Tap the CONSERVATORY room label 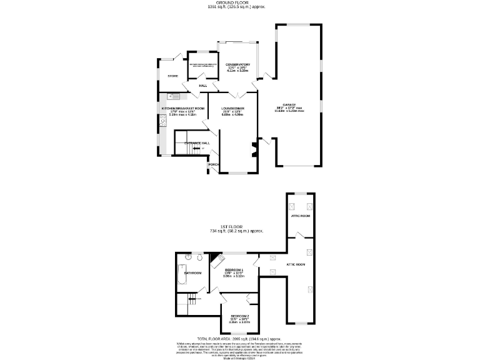pyautogui.click(x=237, y=65)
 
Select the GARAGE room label pyautogui.click(x=289, y=105)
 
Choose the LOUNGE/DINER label pyautogui.click(x=232, y=109)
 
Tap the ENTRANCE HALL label pyautogui.click(x=196, y=143)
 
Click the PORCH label pyautogui.click(x=213, y=165)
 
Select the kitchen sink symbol pyautogui.click(x=173, y=96)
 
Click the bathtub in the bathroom pyautogui.click(x=179, y=274)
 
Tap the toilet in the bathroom pyautogui.click(x=199, y=257)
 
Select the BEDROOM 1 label pyautogui.click(x=234, y=269)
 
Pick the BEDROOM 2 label pyautogui.click(x=239, y=316)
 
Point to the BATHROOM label pyautogui.click(x=192, y=273)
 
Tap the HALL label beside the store pyautogui.click(x=202, y=86)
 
